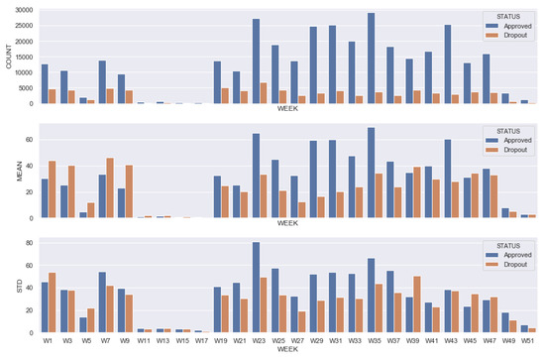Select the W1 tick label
(46, 341)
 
